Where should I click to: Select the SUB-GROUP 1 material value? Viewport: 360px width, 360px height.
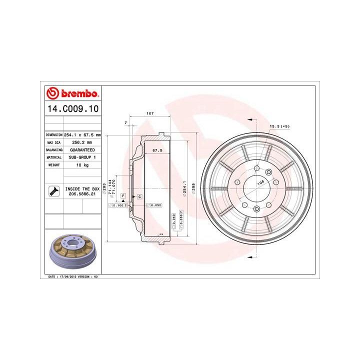click(x=82, y=157)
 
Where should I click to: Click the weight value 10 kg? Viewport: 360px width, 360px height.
click(x=82, y=164)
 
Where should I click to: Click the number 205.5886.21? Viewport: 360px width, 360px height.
click(x=82, y=194)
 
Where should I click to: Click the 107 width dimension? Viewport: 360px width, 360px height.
click(x=149, y=114)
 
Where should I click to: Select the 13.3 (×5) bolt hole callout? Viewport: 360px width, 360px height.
click(x=280, y=126)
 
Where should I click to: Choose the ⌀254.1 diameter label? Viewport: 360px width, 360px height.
click(x=184, y=187)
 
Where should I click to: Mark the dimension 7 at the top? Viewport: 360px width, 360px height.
click(x=126, y=122)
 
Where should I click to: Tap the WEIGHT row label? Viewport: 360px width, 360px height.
click(x=54, y=164)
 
